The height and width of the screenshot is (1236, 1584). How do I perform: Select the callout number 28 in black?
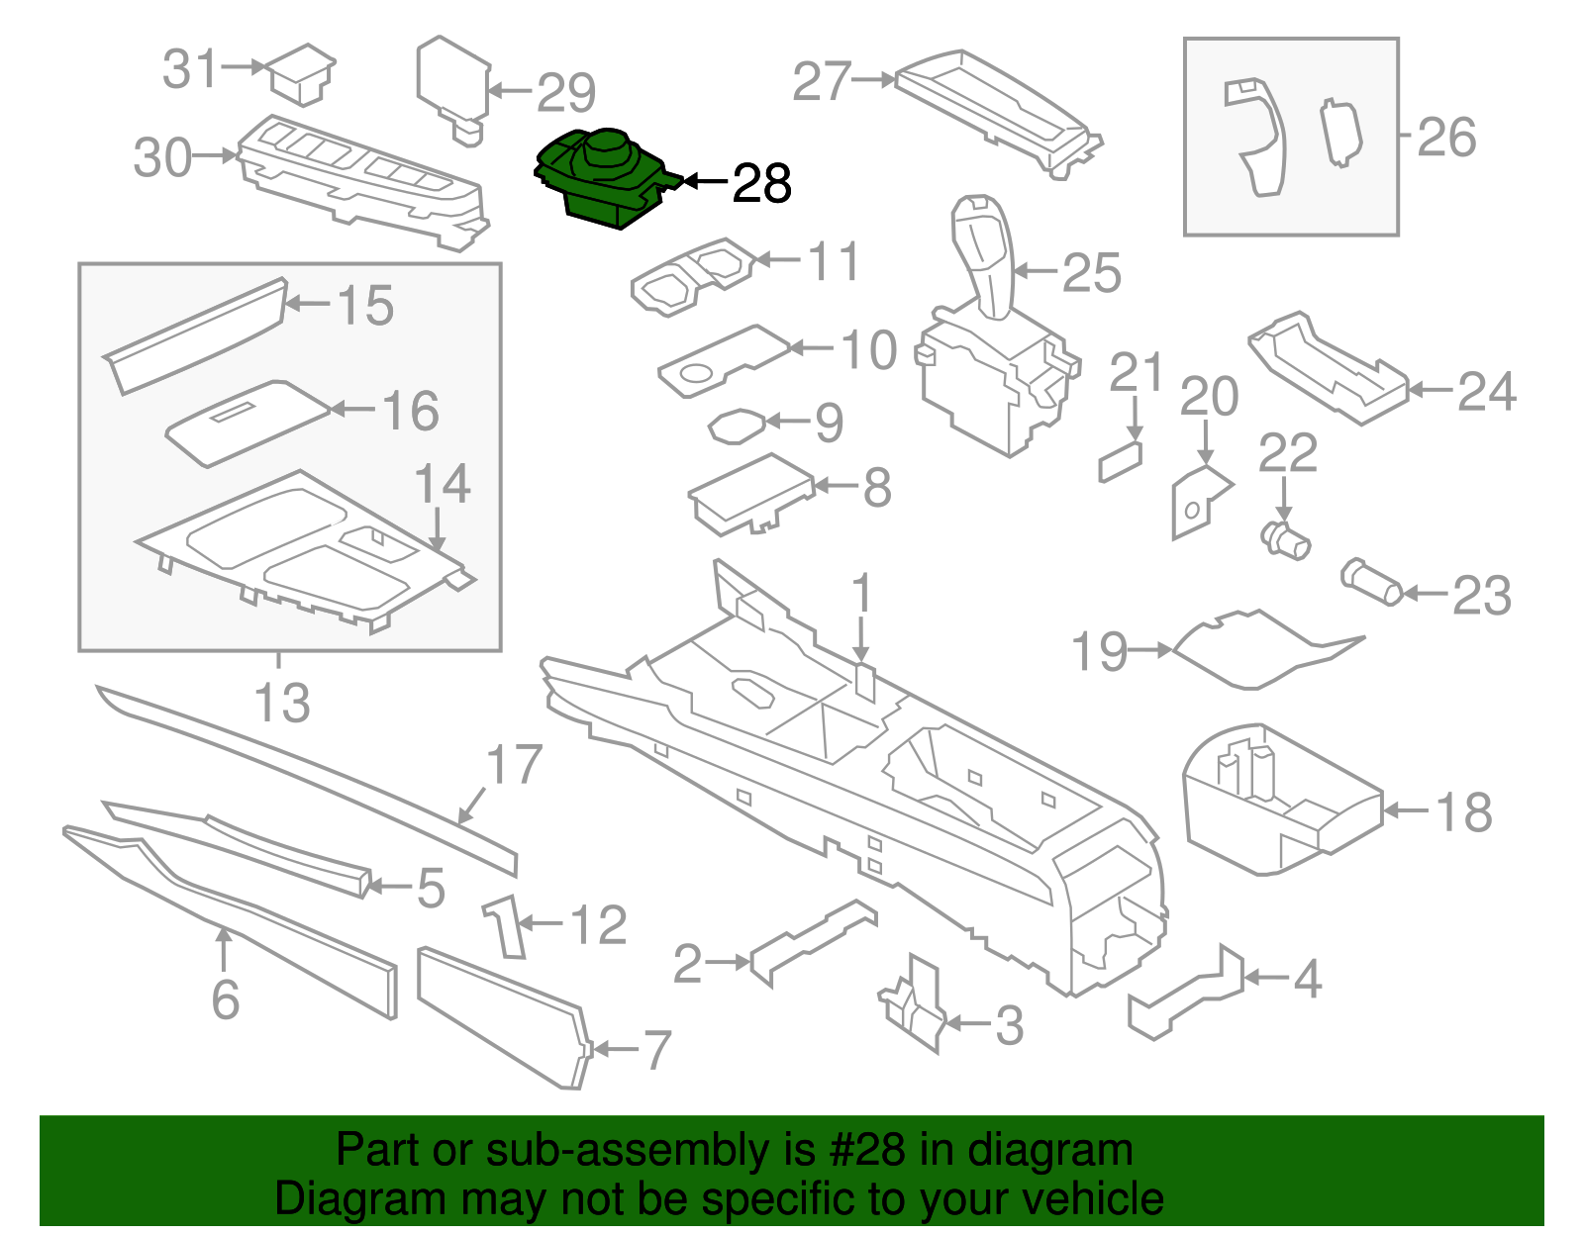click(x=761, y=184)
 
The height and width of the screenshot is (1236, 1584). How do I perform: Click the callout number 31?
click(x=190, y=69)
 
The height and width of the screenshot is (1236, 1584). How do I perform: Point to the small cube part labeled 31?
click(x=302, y=73)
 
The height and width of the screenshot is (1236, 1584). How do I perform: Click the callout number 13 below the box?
click(x=282, y=704)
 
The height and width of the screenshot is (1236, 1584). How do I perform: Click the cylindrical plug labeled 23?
click(x=1371, y=583)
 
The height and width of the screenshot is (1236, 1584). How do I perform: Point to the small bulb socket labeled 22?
click(x=1286, y=540)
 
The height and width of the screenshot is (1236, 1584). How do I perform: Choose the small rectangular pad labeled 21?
click(x=1120, y=462)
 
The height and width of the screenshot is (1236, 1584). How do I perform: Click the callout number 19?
click(x=1099, y=652)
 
